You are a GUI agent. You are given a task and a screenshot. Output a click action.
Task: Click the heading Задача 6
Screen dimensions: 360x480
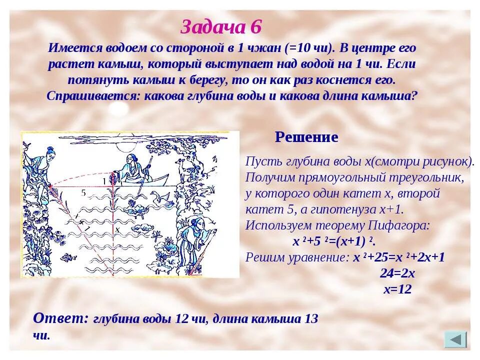(220, 27)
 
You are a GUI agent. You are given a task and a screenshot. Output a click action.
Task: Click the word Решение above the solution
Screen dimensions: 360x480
(306, 137)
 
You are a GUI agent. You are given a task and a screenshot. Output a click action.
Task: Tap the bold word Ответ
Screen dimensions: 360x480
(60, 318)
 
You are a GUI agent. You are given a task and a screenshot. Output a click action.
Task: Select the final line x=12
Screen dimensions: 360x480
(397, 289)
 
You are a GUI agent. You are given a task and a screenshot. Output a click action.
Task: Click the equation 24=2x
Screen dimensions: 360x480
(397, 273)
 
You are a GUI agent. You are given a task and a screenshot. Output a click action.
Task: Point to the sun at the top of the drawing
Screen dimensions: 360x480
(125, 145)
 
